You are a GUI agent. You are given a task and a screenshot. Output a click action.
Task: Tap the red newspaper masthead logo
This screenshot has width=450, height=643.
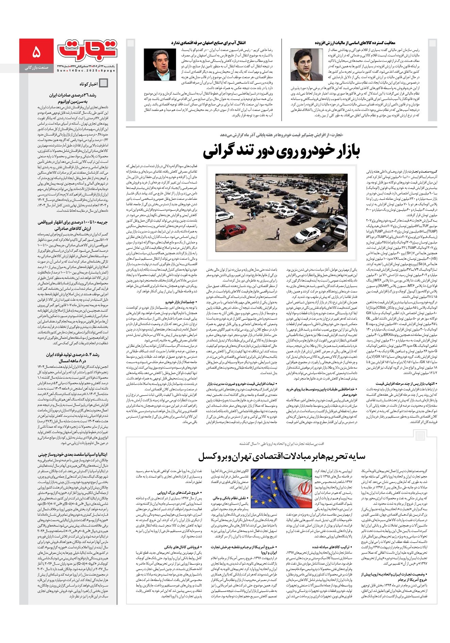click(x=87, y=49)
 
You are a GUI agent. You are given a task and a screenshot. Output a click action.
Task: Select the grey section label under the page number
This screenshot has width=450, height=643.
click(x=37, y=68)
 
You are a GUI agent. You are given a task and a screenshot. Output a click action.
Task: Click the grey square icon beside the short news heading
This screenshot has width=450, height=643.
click(x=103, y=83)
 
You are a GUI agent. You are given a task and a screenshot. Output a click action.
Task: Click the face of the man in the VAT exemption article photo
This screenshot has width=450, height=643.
click(x=302, y=61)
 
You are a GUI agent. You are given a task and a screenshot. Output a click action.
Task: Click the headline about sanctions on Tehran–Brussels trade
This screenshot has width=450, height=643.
click(x=281, y=456)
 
